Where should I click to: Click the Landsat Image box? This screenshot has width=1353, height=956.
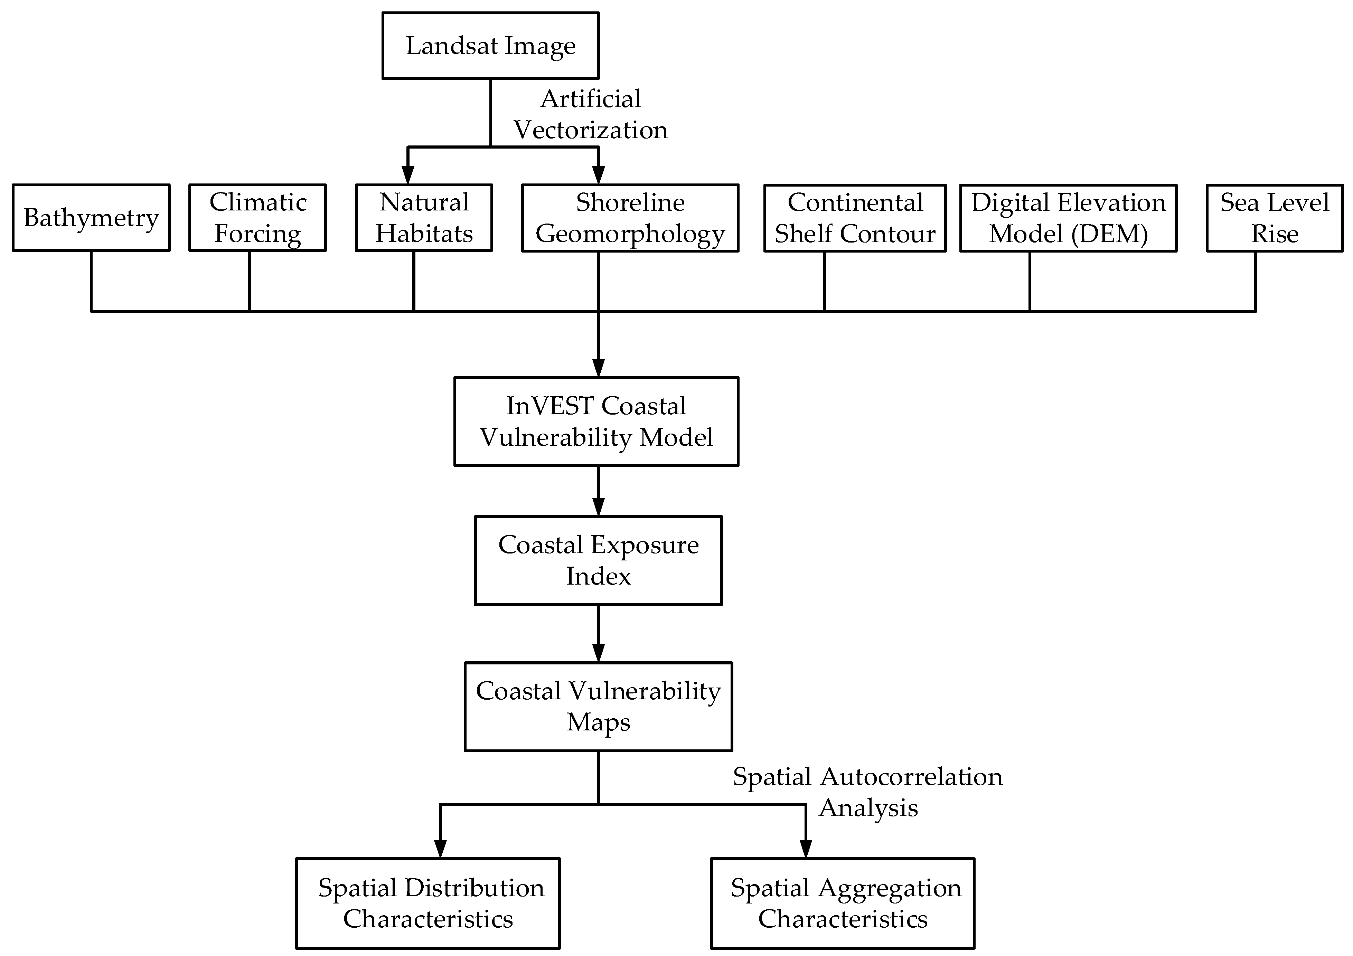click(x=490, y=45)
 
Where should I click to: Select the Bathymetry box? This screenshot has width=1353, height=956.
click(x=91, y=218)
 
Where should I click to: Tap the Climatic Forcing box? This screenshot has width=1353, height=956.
click(x=257, y=218)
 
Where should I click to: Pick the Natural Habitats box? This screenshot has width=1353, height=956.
click(x=424, y=218)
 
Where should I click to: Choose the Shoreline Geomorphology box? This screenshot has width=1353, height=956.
click(x=630, y=218)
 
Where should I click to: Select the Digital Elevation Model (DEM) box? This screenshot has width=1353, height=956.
click(x=1068, y=218)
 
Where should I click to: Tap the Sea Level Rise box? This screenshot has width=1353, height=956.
click(x=1274, y=218)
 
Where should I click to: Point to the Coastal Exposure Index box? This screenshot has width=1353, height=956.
click(x=598, y=560)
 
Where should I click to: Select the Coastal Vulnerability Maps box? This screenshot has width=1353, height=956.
click(x=598, y=706)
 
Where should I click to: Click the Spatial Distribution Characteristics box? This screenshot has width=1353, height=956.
click(x=428, y=903)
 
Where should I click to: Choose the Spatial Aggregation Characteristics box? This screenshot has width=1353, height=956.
click(x=843, y=903)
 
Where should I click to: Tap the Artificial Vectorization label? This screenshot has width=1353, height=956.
click(x=591, y=114)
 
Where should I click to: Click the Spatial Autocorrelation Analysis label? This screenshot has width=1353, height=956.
click(x=867, y=792)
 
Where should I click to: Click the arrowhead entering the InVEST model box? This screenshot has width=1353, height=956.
click(x=598, y=368)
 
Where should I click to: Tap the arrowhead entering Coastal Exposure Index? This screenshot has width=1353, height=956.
click(x=598, y=507)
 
